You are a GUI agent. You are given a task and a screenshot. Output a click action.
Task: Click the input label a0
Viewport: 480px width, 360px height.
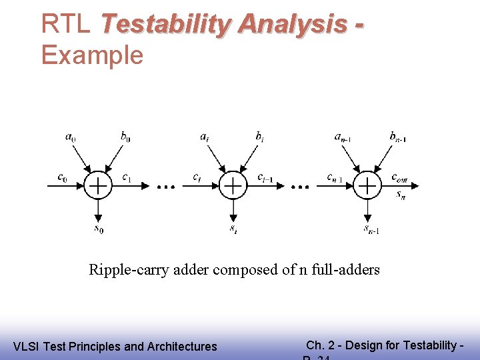click(70, 137)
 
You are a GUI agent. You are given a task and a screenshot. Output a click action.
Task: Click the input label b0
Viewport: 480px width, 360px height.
click(125, 137)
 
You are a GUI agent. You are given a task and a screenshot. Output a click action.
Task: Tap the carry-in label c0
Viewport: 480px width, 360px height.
click(62, 177)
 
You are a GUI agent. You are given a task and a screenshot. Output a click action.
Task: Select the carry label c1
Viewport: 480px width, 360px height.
click(126, 177)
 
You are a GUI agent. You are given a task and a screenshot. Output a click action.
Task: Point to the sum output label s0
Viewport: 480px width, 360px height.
click(99, 229)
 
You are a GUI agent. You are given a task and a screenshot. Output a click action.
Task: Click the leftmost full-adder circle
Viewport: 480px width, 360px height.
click(98, 185)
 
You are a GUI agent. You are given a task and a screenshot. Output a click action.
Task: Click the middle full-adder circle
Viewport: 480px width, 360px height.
click(233, 185)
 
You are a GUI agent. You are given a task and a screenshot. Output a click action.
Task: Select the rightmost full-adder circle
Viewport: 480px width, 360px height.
click(367, 185)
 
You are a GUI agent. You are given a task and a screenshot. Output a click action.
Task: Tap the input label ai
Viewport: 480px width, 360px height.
click(204, 137)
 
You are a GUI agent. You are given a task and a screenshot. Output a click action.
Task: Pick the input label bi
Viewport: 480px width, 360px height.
click(259, 137)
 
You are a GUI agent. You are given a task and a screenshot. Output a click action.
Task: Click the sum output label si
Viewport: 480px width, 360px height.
click(233, 229)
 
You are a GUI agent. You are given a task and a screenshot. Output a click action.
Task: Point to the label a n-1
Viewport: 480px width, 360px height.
click(342, 137)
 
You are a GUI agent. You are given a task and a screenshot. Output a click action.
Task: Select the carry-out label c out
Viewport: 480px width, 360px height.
click(399, 177)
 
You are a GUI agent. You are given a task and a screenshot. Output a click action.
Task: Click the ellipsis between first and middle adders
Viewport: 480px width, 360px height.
click(165, 187)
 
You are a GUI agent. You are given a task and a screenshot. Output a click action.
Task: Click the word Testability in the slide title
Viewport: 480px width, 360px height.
click(165, 24)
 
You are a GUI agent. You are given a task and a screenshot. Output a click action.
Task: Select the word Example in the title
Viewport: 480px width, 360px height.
click(92, 55)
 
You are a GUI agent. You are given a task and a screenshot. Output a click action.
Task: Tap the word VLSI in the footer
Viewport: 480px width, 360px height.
click(26, 346)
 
